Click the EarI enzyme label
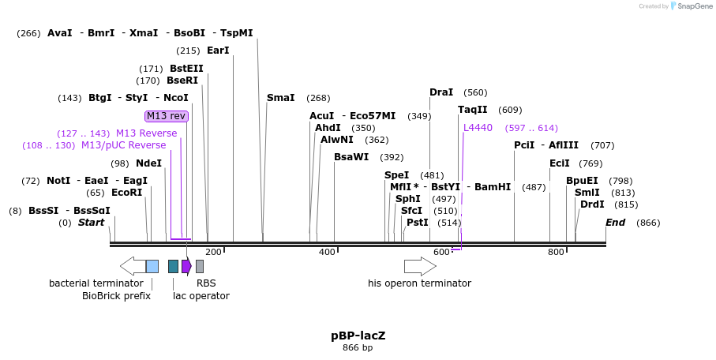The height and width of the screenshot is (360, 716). [x=218, y=51]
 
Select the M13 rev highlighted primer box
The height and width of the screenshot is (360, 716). [x=167, y=116]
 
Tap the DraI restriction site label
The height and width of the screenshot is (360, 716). [x=441, y=92]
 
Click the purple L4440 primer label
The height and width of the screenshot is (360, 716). [x=478, y=128]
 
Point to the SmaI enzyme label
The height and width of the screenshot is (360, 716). [x=280, y=98]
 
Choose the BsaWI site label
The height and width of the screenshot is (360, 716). [x=351, y=157]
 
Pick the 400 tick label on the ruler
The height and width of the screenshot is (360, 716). [x=327, y=252]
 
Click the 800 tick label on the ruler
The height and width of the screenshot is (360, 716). [x=556, y=252]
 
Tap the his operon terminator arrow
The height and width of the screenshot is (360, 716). [x=420, y=266]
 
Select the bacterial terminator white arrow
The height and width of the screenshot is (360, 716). [x=132, y=266]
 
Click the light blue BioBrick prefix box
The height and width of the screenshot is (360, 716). [x=152, y=266]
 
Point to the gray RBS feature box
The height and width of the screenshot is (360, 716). [x=200, y=266]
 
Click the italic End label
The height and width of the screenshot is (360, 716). [x=616, y=223]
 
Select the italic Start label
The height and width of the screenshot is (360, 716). [x=91, y=223]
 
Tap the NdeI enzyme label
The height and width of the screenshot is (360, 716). [x=148, y=163]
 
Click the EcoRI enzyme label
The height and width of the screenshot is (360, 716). [x=126, y=193]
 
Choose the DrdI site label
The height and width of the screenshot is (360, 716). [x=592, y=204]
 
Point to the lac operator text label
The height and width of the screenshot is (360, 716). [x=201, y=296]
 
